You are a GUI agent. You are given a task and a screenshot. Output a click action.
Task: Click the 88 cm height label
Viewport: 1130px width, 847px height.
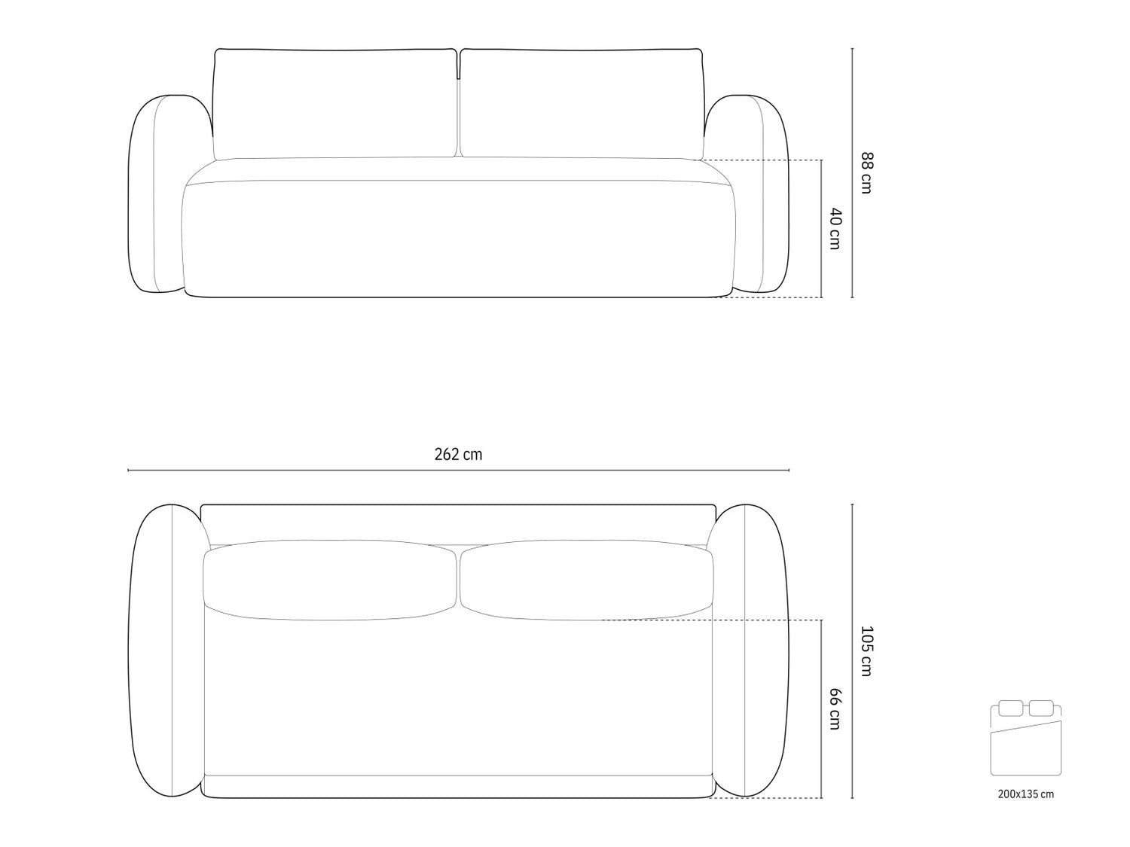click(x=866, y=173)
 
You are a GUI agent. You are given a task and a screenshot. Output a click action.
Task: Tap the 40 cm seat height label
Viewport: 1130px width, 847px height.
click(x=835, y=228)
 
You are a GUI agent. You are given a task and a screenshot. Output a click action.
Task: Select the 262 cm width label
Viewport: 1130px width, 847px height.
click(x=458, y=455)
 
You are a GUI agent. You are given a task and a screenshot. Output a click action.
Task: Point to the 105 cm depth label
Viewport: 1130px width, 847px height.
click(x=866, y=651)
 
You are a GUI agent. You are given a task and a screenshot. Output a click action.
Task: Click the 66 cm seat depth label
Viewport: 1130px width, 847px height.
click(x=835, y=708)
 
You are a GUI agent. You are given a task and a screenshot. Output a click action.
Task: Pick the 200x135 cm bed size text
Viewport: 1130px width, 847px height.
click(x=1025, y=794)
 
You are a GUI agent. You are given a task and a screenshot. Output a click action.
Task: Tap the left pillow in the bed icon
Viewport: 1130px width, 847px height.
click(x=1010, y=708)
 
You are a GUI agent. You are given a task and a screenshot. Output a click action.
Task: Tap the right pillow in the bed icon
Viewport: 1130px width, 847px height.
click(x=1041, y=708)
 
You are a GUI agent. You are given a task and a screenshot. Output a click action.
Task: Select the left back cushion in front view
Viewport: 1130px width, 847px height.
click(x=334, y=104)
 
